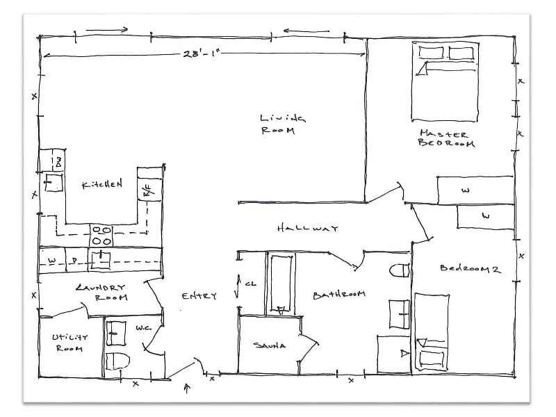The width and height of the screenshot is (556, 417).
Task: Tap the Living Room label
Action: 278,124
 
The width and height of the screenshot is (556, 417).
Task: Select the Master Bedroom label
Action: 445,138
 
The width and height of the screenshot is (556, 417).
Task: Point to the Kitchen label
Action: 102,185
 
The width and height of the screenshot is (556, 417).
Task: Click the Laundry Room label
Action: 101,292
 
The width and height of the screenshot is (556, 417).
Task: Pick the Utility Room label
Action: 68,342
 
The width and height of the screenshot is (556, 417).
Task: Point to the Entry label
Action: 199,296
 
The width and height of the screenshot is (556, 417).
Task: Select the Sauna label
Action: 269,345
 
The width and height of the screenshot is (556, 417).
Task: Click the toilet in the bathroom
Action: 399,270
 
